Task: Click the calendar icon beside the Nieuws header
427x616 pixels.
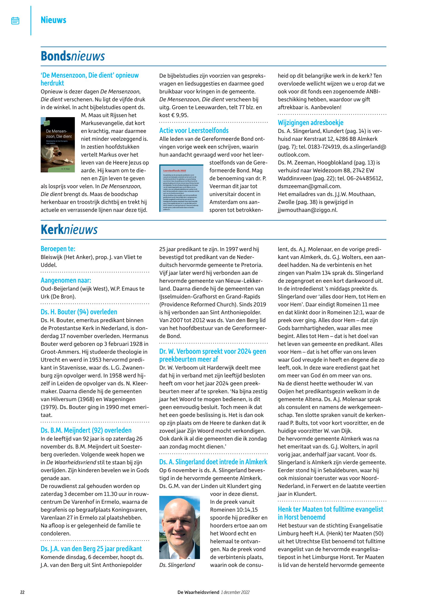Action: [15, 21]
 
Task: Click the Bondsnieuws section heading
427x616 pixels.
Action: [72, 56]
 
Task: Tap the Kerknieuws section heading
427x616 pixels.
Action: [69, 230]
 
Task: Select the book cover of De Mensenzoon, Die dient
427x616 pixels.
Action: [58, 145]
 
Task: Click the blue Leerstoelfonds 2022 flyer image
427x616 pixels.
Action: [181, 188]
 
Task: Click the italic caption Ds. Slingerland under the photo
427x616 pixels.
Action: [177, 565]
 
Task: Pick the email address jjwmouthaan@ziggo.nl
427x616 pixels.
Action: [307, 210]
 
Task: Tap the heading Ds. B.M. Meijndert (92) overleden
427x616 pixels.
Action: [86, 430]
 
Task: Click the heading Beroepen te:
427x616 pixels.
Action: [58, 249]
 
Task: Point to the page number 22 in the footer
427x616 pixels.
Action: [22, 592]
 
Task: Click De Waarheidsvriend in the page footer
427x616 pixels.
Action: [198, 592]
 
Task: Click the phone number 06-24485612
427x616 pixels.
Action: [360, 178]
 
